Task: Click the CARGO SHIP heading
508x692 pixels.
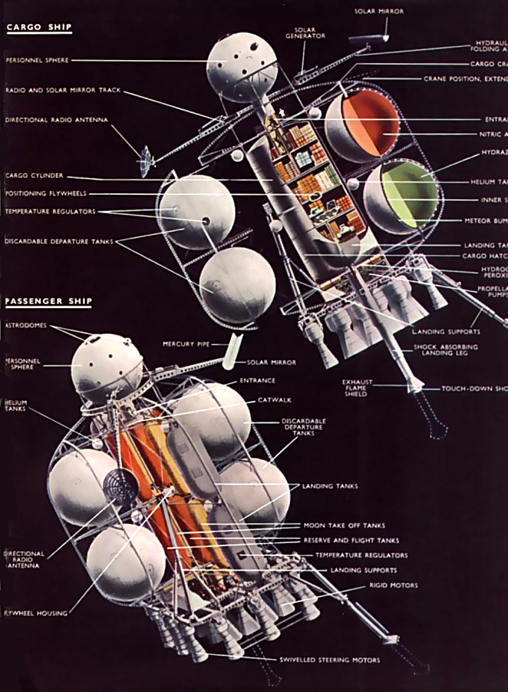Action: [39, 27]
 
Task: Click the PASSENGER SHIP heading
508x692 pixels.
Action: [48, 302]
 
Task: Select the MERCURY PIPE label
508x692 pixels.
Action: [186, 344]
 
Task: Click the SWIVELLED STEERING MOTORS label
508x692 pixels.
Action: [330, 660]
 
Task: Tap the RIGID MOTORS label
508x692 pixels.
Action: [393, 585]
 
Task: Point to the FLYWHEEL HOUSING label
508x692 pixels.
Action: [35, 613]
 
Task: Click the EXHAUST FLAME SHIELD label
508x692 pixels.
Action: [357, 388]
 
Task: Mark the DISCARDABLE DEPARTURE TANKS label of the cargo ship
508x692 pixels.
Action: [57, 241]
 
